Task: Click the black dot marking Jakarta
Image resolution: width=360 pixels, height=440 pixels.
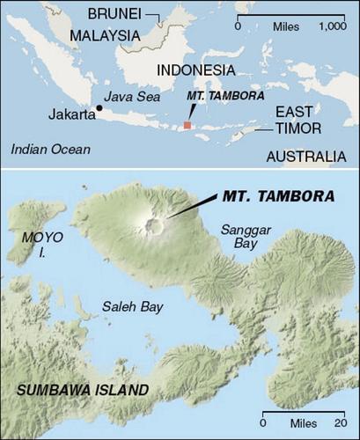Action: click(99, 108)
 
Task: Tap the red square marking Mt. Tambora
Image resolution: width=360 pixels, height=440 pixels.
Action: click(187, 126)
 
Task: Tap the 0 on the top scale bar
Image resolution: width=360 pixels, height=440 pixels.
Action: click(239, 26)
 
